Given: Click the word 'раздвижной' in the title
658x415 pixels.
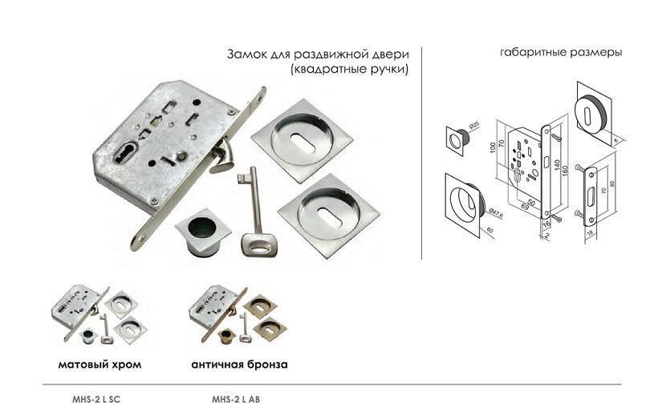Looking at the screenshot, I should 322,54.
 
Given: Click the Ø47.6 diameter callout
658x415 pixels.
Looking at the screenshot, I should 489,212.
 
